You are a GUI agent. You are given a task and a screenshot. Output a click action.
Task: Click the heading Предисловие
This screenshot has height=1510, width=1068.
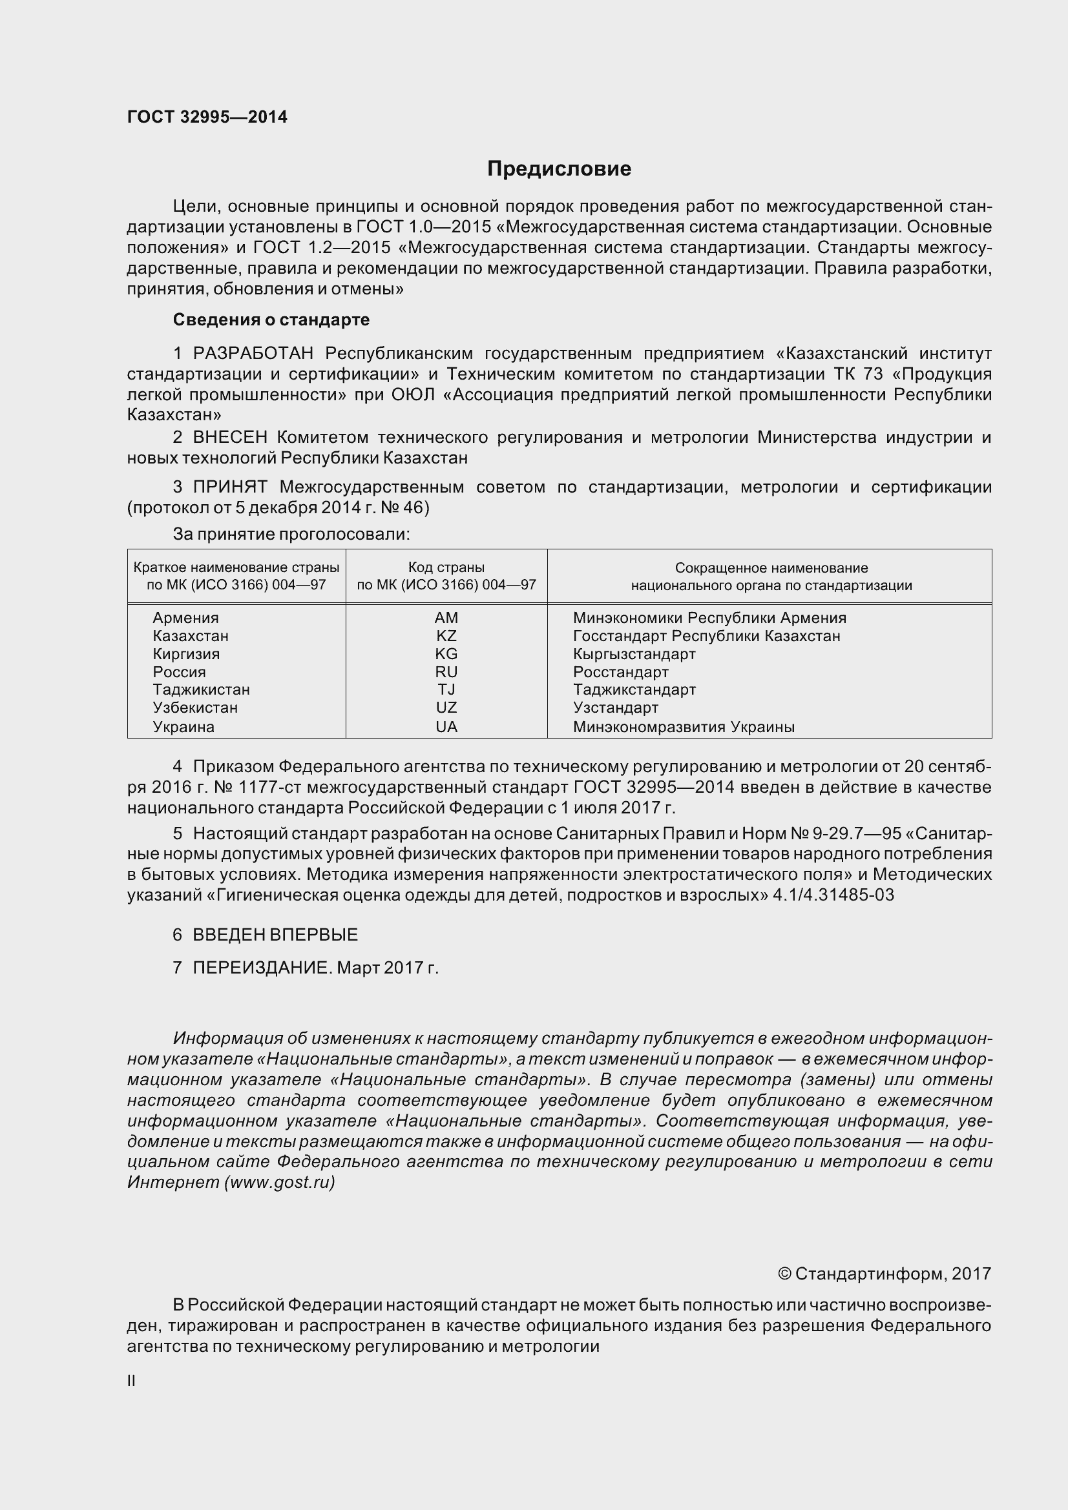559,169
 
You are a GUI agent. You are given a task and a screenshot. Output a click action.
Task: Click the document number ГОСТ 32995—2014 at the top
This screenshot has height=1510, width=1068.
207,117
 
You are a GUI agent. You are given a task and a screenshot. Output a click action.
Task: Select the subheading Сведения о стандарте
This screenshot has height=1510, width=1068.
271,320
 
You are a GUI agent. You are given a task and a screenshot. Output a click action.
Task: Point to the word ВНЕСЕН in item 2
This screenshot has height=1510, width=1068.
229,437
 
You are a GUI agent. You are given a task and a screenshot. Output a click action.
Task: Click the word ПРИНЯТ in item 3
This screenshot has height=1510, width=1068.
229,487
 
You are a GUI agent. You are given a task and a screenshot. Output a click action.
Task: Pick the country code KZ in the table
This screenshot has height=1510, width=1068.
446,636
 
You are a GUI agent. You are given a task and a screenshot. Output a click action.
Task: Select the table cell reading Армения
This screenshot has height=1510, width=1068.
185,618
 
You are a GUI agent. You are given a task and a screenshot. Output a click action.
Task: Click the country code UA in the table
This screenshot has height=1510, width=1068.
446,727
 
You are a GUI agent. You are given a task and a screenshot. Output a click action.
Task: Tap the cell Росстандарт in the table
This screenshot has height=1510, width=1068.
620,672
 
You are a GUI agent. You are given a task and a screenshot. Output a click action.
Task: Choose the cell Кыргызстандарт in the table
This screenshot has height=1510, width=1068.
634,654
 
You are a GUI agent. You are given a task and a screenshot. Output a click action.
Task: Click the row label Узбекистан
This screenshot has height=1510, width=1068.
194,708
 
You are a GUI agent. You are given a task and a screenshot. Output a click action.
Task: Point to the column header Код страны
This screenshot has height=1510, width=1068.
446,567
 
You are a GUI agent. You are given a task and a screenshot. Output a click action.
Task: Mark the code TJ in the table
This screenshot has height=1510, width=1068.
446,689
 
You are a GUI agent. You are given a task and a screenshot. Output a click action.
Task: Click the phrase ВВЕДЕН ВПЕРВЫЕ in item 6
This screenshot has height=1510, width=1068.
275,935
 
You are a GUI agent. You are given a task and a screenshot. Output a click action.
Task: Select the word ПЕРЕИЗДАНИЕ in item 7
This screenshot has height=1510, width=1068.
262,968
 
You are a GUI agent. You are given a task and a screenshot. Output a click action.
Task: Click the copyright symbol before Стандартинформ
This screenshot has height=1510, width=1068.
784,1274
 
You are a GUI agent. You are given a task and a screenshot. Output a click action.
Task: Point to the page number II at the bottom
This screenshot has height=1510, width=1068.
131,1381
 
